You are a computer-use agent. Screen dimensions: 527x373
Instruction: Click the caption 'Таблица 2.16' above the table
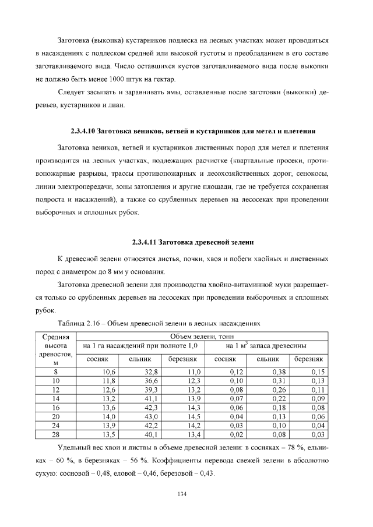click(x=159, y=322)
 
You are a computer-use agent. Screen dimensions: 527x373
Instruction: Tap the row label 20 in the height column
click(x=56, y=416)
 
